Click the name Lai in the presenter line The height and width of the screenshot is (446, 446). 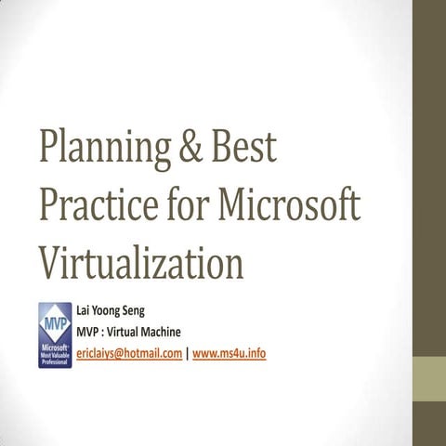[x=85, y=310]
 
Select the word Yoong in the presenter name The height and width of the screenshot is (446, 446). [x=113, y=310]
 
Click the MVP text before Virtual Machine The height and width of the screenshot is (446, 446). [x=89, y=333]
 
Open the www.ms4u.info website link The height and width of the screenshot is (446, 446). [x=229, y=354]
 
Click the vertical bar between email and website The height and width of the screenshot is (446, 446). [x=187, y=354]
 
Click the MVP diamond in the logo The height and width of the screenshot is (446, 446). [x=54, y=325]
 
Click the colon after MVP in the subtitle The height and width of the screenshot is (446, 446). [x=108, y=334]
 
